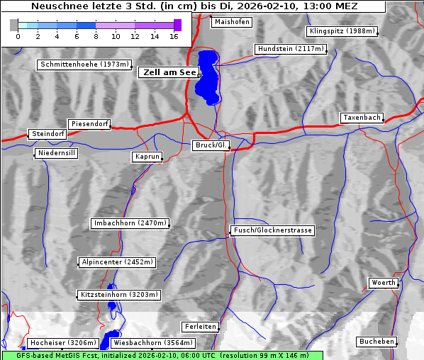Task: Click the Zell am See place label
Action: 169,72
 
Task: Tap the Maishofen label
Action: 232,22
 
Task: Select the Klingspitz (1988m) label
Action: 342,31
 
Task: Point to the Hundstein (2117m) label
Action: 291,50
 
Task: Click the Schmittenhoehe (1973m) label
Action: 84,64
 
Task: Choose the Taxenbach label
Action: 362,118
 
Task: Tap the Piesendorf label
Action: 89,124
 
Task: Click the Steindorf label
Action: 48,134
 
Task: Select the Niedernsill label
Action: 56,154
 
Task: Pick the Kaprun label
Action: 147,157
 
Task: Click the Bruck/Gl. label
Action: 211,145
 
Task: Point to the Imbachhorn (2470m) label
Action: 130,223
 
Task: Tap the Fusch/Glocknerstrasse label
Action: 273,230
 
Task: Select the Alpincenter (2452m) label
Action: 117,262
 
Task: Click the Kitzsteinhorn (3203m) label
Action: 119,294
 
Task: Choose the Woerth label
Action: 384,283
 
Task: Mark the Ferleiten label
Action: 200,327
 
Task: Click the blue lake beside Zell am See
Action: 208,74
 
